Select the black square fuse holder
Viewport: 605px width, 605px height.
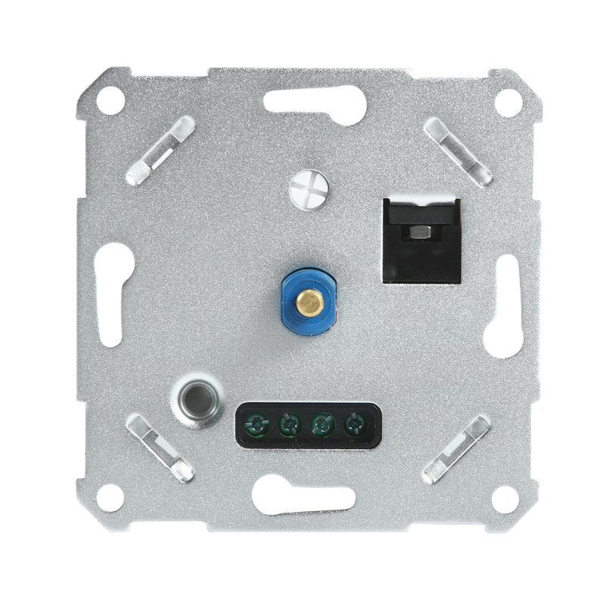422,240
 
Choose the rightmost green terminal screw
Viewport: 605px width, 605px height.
354,425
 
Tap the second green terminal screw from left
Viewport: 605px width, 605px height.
288,425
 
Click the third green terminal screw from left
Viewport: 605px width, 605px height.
322,425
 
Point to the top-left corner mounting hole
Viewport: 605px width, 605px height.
110,100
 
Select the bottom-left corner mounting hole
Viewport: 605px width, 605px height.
110,497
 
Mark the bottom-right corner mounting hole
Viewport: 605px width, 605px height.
505,497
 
